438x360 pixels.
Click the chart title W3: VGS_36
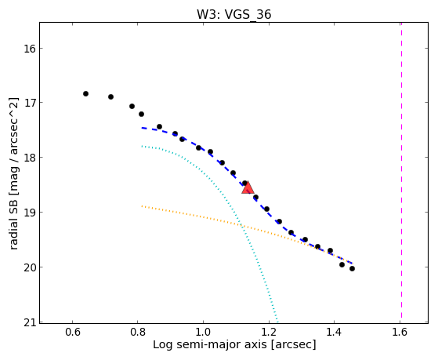point(233,14)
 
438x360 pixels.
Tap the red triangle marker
point(248,188)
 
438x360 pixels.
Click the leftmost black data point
point(85,93)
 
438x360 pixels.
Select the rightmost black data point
point(352,268)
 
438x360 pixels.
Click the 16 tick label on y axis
point(30,49)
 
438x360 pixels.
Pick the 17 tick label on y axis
point(30,103)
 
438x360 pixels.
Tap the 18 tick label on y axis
point(30,158)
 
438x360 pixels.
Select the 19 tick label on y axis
point(30,213)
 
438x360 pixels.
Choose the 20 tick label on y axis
point(30,267)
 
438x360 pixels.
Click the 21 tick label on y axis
point(30,322)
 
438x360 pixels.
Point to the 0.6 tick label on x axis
point(73,333)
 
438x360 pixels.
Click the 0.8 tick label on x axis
point(138,333)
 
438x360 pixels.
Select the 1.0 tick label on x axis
point(203,333)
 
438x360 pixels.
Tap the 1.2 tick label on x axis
point(269,333)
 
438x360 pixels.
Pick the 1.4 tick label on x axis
point(334,333)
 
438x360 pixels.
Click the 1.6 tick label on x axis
point(400,333)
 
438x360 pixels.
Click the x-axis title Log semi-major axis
point(210,344)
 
